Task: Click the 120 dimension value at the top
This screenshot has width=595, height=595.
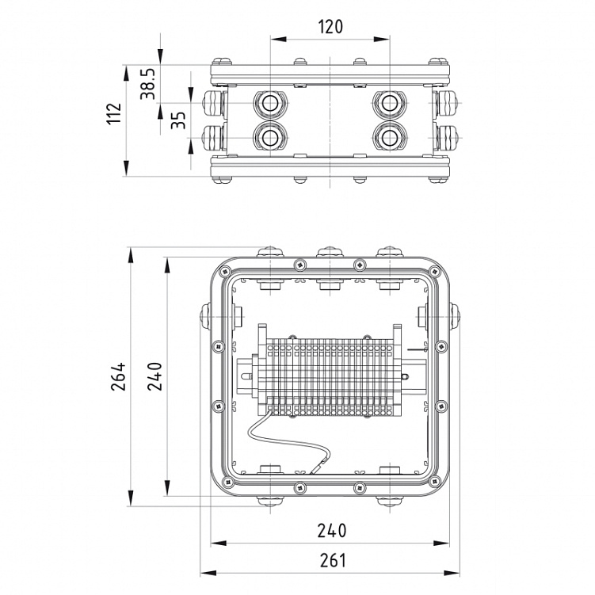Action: click(x=330, y=26)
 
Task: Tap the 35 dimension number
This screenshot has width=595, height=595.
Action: click(x=179, y=120)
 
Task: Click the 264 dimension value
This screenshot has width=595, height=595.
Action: click(x=118, y=377)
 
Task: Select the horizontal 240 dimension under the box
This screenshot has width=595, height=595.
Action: click(x=332, y=530)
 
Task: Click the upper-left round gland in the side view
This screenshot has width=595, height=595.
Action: click(x=269, y=103)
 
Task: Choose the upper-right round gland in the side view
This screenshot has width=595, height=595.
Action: click(x=389, y=103)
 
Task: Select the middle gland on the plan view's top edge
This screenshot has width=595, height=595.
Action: click(x=330, y=253)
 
